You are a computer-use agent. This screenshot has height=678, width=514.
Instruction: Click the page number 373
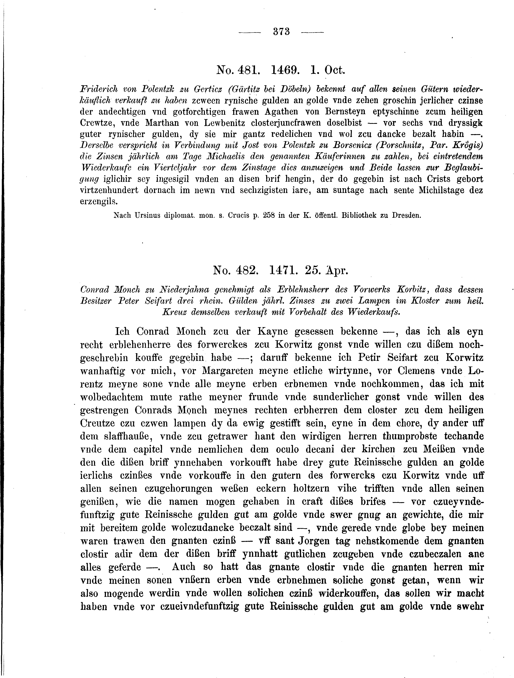(x=281, y=32)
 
